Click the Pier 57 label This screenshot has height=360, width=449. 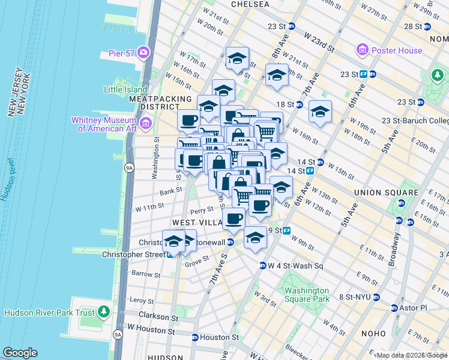pos(121,53)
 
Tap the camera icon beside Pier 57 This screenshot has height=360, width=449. pos(143,53)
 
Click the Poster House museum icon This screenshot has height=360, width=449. pos(361,50)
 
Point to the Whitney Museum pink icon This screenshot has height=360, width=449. pos(146,124)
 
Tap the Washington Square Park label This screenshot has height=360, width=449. pos(307,294)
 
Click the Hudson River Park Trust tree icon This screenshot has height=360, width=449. pos(104,312)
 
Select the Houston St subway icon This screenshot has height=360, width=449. pos(194,337)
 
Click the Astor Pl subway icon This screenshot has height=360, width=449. pos(394,308)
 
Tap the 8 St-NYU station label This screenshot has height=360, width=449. pos(354,297)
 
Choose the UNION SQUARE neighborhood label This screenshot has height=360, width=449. pos(386,193)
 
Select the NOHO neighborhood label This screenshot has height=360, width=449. pos(377,333)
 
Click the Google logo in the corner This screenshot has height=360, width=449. pos(20,353)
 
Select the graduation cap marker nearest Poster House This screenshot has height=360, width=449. pos(320,112)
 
